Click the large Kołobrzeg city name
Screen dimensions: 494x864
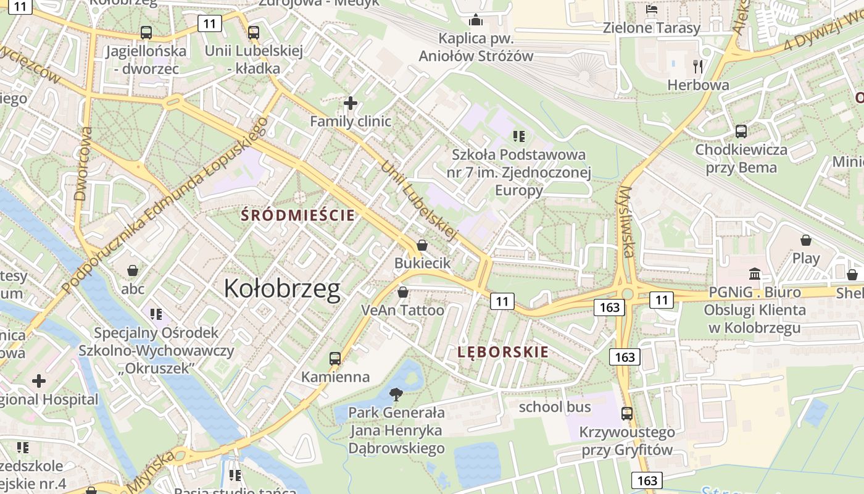click(x=282, y=288)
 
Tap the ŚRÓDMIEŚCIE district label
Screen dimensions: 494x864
click(x=299, y=215)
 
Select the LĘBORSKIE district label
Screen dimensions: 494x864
click(x=503, y=352)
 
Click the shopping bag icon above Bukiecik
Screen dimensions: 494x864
click(x=422, y=245)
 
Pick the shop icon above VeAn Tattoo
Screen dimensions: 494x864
click(x=403, y=292)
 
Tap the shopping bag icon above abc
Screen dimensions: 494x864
click(x=133, y=270)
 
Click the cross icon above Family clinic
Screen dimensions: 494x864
click(x=351, y=103)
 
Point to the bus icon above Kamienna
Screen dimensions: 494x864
click(x=335, y=358)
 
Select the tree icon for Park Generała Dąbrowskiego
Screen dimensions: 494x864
click(x=396, y=393)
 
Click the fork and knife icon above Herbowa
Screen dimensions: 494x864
click(x=698, y=66)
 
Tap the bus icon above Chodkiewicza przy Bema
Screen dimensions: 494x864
click(x=741, y=131)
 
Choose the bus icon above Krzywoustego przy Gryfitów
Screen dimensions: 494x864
click(x=627, y=413)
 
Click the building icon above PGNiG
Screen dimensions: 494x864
click(x=755, y=274)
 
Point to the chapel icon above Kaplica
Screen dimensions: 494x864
click(x=476, y=20)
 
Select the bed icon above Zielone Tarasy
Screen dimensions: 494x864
click(x=652, y=9)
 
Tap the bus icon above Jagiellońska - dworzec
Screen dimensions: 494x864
click(x=146, y=32)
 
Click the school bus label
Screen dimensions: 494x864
click(x=555, y=407)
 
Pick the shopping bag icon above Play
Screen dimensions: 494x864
click(x=806, y=240)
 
